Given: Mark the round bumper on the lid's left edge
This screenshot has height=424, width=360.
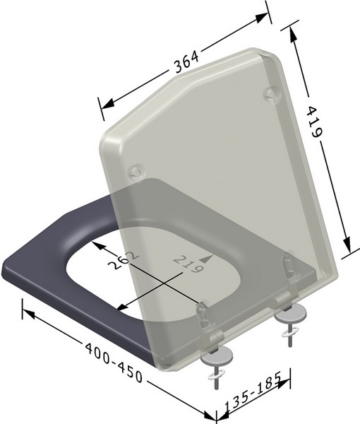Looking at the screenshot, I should [136, 171].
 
